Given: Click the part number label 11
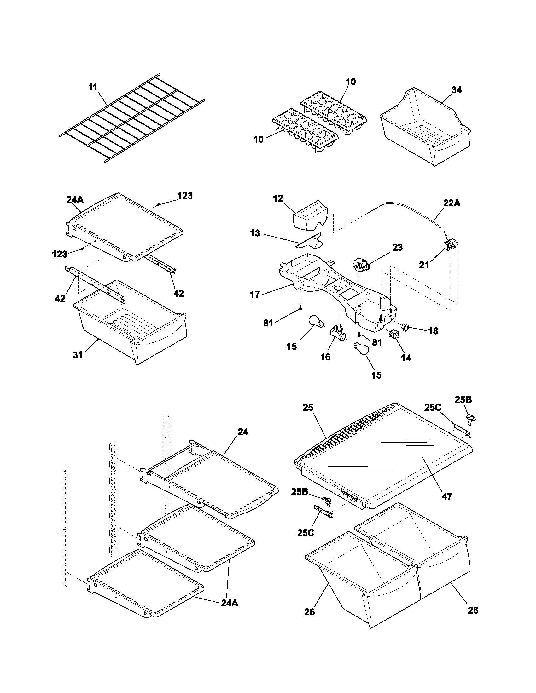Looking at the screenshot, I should [x=93, y=87].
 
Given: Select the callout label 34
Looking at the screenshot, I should [x=456, y=90].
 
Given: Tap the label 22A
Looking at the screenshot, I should [x=452, y=203].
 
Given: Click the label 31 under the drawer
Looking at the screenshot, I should [x=78, y=355].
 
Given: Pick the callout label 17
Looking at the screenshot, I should [x=255, y=295].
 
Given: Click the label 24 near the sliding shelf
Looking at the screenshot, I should [x=242, y=432].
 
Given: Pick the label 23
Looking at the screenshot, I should [x=397, y=247].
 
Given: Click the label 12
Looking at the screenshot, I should [x=278, y=198].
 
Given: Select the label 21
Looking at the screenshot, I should [x=424, y=265].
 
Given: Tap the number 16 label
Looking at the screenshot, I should [x=325, y=357].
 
